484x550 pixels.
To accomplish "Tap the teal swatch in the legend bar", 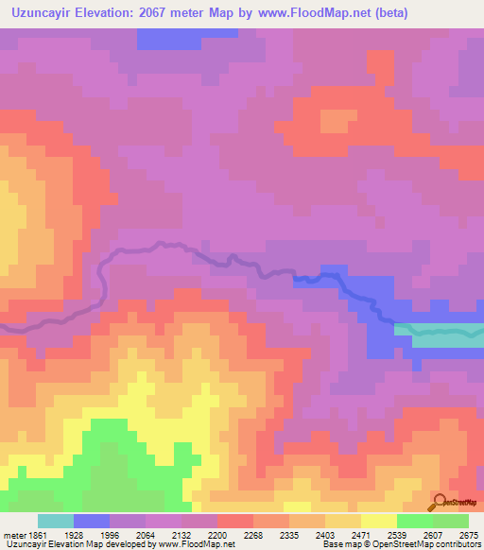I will pos(56,521).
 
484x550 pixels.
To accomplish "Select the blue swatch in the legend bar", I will pos(92,521).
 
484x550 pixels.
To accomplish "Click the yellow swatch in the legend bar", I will pos(379,521).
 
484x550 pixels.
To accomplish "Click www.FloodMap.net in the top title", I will pos(308,12).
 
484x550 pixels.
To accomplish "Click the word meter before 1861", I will pos(12,534).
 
